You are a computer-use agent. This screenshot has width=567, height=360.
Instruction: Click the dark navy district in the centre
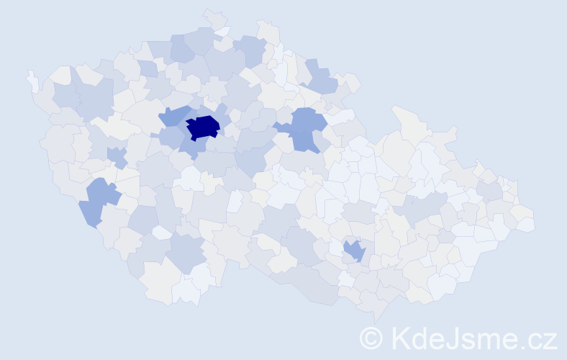click(202, 127)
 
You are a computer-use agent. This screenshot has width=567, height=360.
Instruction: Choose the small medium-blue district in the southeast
click(353, 250)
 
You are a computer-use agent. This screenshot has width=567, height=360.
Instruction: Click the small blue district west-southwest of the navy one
click(116, 156)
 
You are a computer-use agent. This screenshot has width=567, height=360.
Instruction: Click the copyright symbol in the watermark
click(371, 338)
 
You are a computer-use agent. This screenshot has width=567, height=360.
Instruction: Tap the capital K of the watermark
click(400, 338)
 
